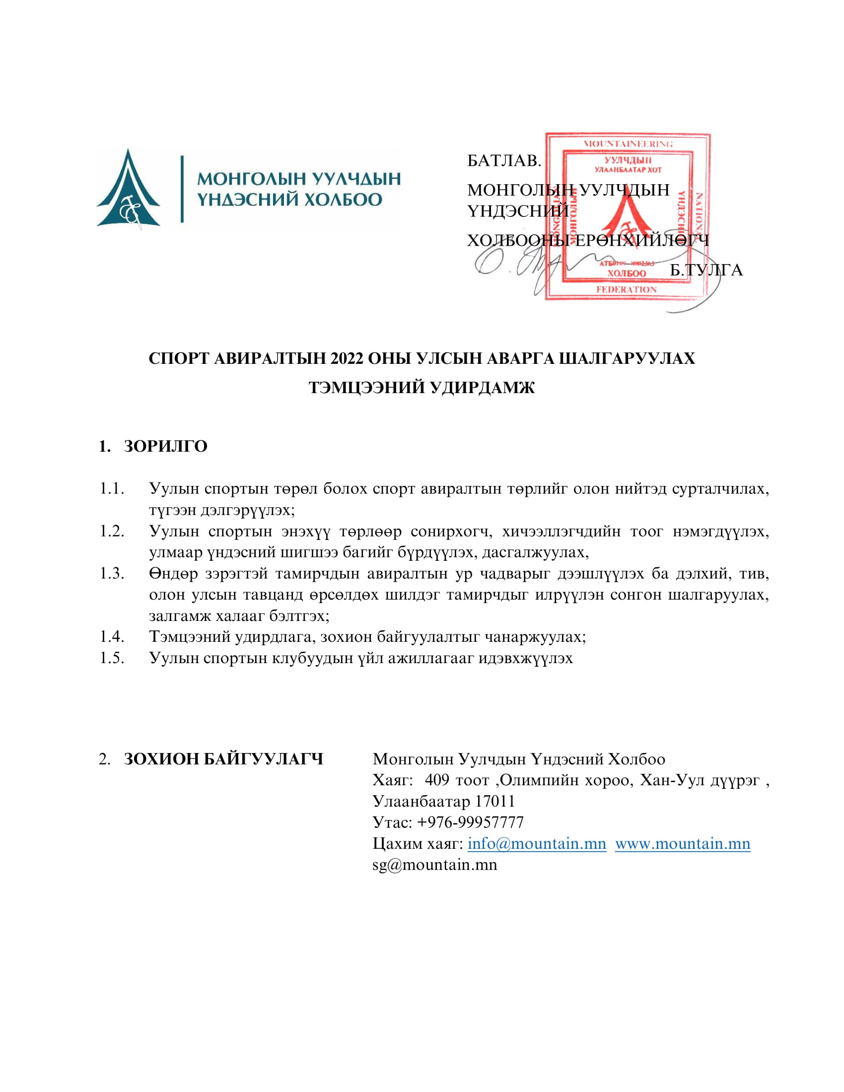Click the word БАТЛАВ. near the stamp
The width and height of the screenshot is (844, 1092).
click(504, 160)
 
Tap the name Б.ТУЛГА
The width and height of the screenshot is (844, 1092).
click(706, 270)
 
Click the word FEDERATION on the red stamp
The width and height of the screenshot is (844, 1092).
click(626, 289)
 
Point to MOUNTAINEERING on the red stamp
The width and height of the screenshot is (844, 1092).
click(628, 144)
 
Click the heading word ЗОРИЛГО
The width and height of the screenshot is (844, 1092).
click(165, 446)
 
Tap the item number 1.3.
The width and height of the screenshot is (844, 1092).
click(112, 573)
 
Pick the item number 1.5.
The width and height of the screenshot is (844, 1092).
click(112, 658)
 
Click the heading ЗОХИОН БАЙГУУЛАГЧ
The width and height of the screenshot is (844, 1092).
click(223, 759)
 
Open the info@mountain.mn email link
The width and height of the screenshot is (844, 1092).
click(537, 843)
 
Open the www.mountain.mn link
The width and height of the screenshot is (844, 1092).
click(683, 843)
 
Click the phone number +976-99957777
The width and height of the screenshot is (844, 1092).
click(470, 822)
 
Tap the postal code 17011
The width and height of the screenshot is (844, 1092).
click(494, 802)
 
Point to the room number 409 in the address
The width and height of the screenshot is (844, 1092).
click(437, 780)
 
